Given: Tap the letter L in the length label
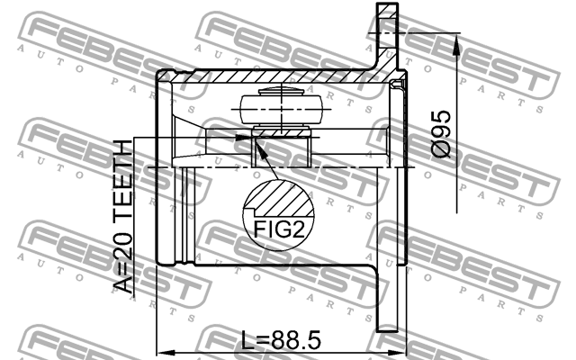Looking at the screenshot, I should (248, 341).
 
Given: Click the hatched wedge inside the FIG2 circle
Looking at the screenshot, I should (280, 194).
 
